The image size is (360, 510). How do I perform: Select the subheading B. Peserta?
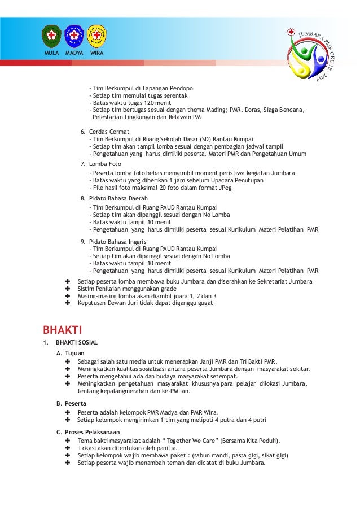71,404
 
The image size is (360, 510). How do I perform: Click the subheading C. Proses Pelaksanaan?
87,432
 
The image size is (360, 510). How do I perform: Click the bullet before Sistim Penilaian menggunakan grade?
68,289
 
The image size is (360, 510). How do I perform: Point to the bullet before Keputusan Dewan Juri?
68,303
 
